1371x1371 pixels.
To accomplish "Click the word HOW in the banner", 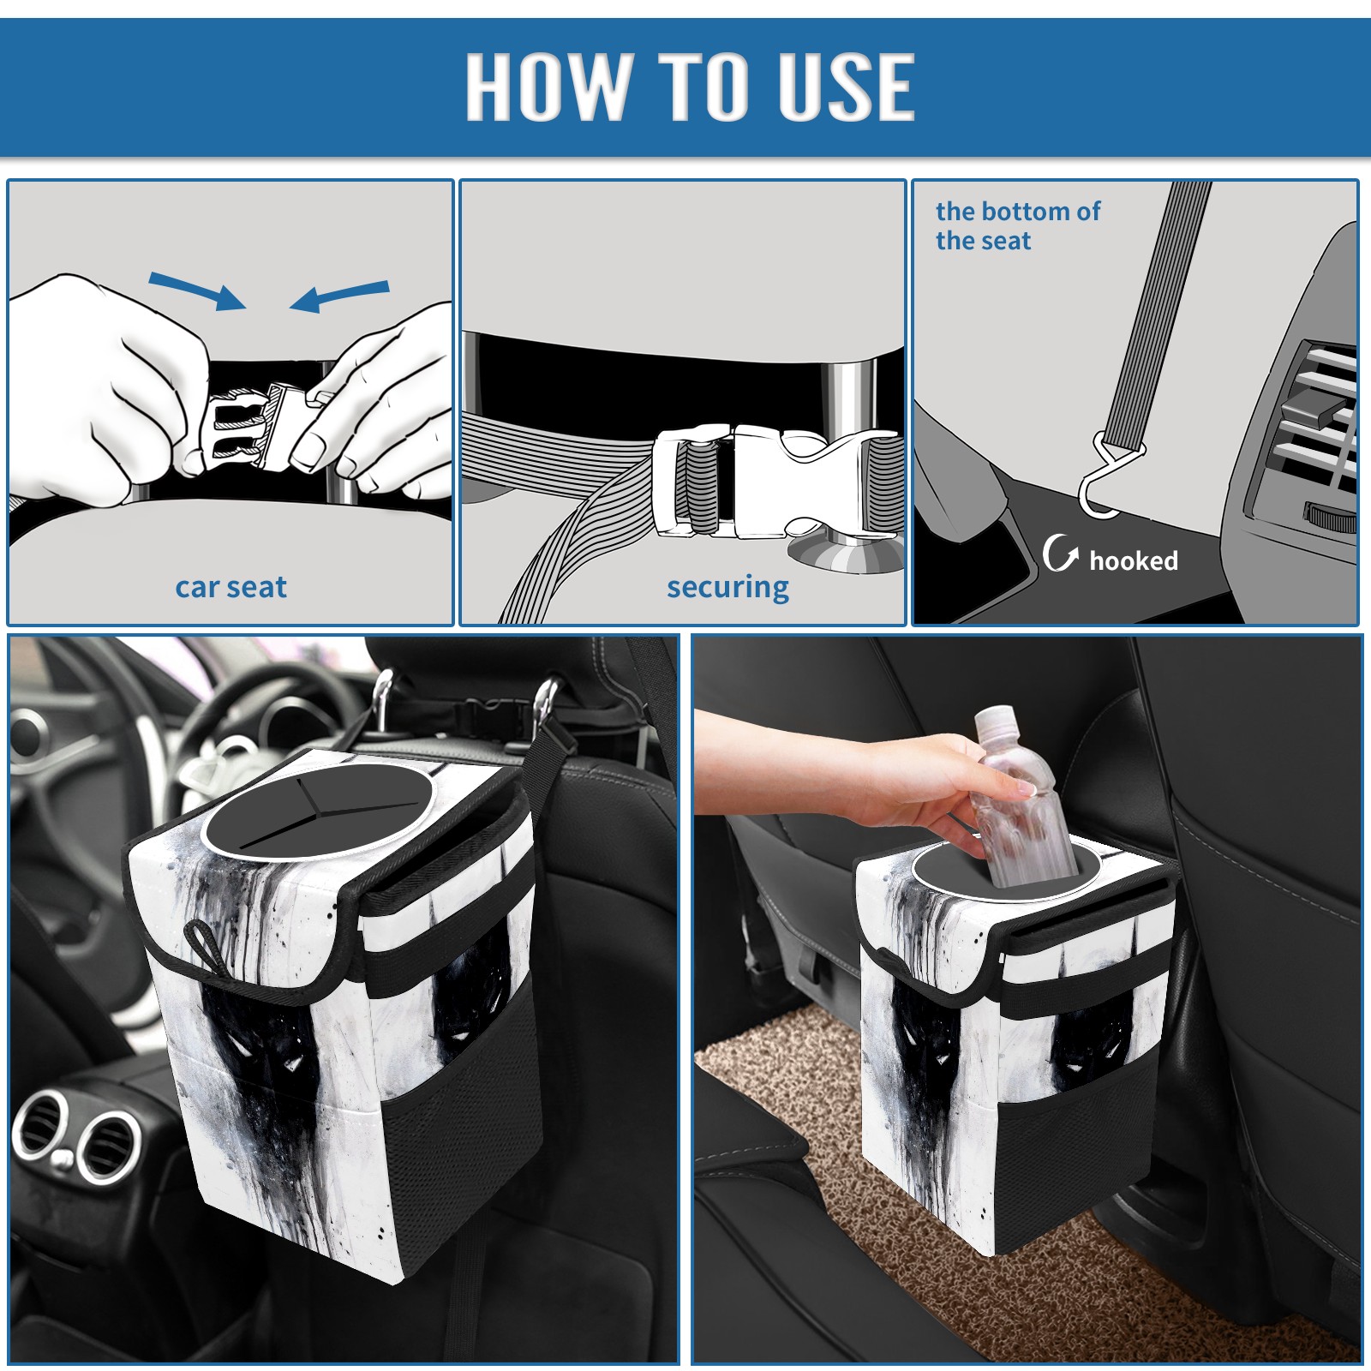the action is tap(546, 86).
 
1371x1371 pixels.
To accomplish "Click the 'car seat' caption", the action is tap(230, 588).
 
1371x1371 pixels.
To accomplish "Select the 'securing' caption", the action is tap(727, 588).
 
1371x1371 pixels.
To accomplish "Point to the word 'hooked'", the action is tap(1134, 560).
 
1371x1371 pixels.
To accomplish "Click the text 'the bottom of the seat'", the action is tap(1017, 225).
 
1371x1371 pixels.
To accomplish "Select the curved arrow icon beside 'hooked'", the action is tap(1060, 553).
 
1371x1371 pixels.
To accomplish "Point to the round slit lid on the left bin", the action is tap(314, 813).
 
